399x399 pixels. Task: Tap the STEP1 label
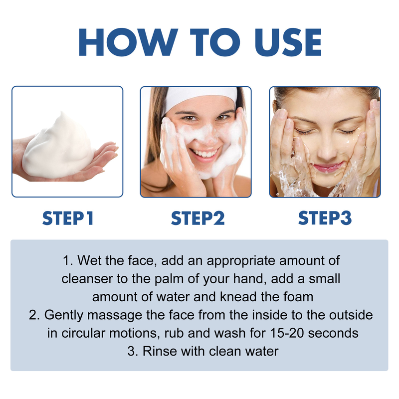(68, 218)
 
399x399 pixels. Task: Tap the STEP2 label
(198, 218)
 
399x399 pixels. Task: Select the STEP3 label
(325, 218)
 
